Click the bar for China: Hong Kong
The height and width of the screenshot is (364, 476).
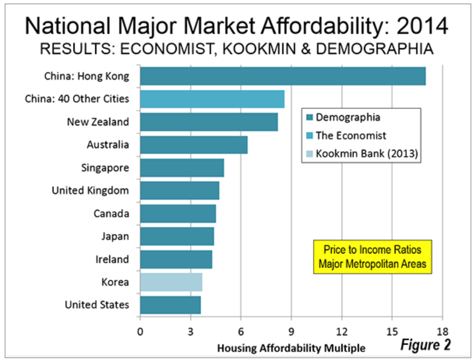(283, 76)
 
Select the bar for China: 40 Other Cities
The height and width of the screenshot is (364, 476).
(212, 99)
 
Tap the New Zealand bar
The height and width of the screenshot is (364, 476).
(209, 122)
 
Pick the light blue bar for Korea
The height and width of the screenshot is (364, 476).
(171, 282)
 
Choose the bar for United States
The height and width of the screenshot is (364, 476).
(171, 305)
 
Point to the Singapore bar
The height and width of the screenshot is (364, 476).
(182, 168)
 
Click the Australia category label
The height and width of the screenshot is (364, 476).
(108, 145)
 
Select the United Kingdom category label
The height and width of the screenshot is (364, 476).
(90, 191)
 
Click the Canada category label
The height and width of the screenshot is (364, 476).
(111, 214)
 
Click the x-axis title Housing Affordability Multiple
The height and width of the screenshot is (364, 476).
(291, 348)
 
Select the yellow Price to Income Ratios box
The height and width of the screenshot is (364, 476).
(372, 257)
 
